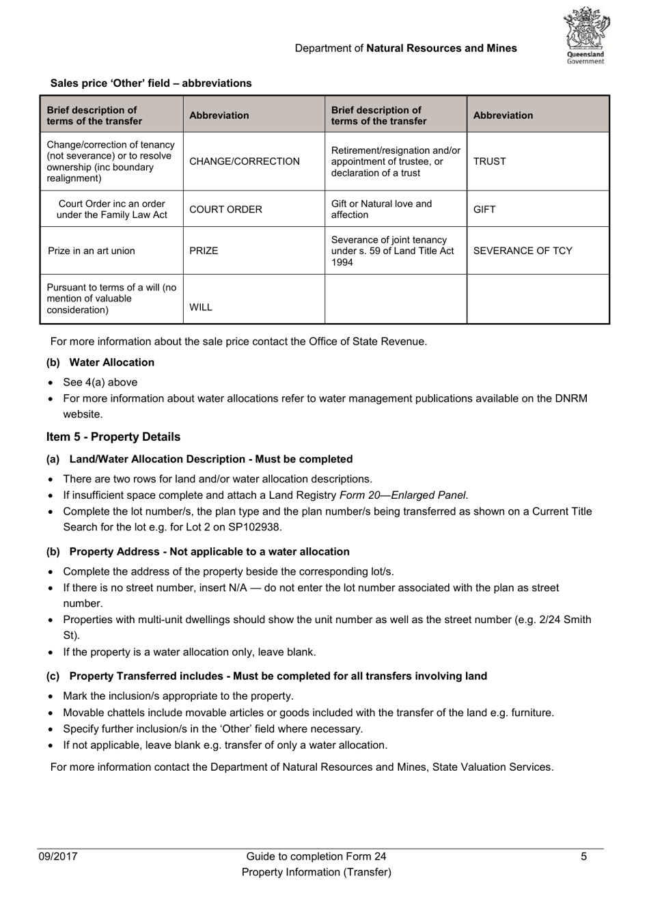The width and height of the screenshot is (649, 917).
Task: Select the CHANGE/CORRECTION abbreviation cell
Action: click(244, 162)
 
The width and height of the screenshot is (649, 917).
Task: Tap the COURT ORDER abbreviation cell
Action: click(225, 210)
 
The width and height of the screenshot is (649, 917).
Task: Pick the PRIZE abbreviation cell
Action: click(204, 251)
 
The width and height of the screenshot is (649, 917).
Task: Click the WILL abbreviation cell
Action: click(201, 307)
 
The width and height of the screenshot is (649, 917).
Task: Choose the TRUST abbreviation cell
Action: click(489, 162)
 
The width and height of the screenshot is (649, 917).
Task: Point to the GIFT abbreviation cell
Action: click(484, 210)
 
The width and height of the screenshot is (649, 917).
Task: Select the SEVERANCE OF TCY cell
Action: click(523, 251)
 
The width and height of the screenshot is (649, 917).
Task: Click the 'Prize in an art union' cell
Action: click(92, 251)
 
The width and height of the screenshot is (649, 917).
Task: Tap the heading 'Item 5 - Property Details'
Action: click(113, 437)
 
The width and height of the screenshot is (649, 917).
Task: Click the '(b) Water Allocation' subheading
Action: click(100, 362)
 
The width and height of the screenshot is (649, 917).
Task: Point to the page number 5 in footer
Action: click(583, 856)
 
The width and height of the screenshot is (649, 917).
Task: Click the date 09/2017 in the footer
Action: click(58, 856)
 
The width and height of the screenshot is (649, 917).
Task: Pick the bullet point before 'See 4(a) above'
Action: click(51, 383)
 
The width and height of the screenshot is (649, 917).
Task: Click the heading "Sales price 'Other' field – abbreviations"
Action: click(151, 83)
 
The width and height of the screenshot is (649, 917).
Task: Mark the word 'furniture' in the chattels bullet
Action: click(529, 713)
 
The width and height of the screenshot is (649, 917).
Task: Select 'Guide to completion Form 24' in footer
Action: click(316, 856)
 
